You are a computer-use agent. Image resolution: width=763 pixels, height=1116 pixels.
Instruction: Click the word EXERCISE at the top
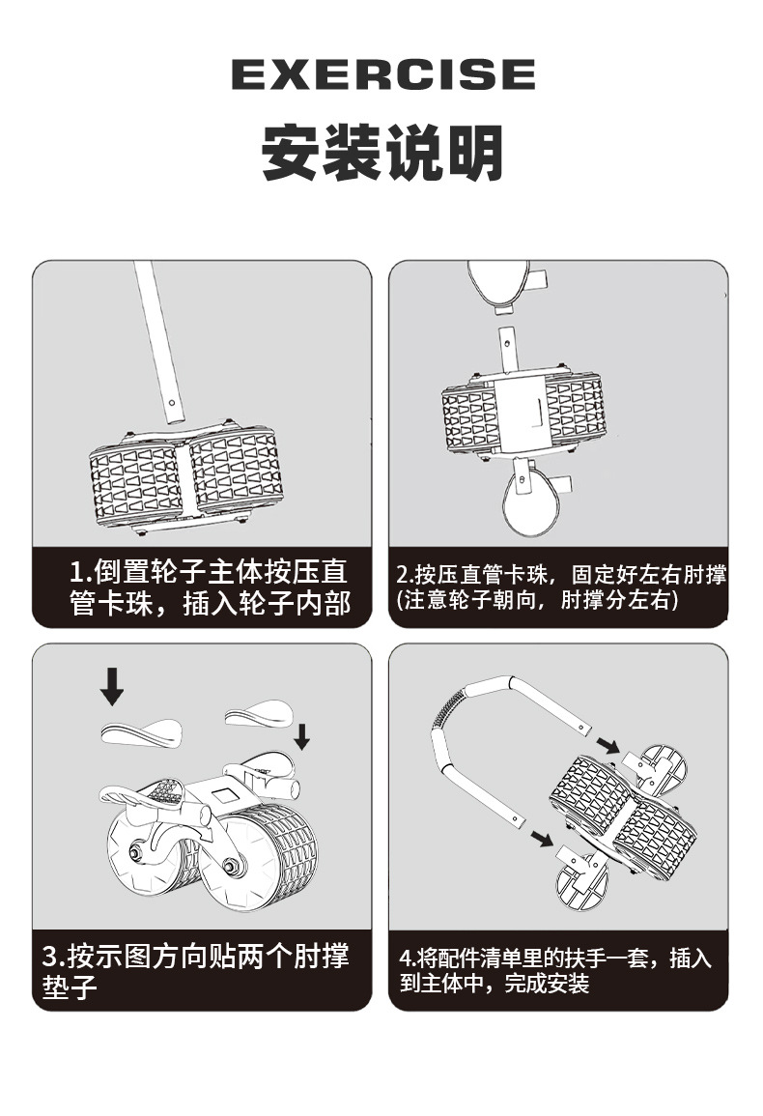click(x=382, y=74)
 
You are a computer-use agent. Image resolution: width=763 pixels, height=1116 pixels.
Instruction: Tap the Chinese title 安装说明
click(x=382, y=153)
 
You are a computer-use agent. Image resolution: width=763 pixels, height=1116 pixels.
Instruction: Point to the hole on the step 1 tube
click(x=172, y=401)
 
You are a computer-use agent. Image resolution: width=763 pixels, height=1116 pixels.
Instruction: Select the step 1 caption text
click(x=210, y=587)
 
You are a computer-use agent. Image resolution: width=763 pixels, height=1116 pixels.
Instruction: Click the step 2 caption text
click(x=560, y=587)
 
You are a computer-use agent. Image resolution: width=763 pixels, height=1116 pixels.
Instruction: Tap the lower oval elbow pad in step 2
click(x=530, y=499)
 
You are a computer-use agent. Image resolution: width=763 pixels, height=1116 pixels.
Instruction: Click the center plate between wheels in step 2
click(x=521, y=413)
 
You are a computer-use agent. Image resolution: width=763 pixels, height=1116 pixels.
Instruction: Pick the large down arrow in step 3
click(x=111, y=685)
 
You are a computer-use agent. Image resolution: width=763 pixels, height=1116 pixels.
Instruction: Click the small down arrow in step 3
click(x=301, y=736)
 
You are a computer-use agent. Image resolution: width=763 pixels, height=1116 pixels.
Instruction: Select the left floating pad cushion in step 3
click(x=141, y=732)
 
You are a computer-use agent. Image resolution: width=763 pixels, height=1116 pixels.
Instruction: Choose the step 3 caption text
click(x=196, y=971)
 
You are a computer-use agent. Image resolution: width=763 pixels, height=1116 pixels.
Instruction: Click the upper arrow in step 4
click(x=608, y=746)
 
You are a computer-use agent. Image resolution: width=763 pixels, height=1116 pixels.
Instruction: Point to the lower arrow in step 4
click(x=543, y=839)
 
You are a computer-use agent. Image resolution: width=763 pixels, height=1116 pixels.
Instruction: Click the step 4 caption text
click(x=555, y=971)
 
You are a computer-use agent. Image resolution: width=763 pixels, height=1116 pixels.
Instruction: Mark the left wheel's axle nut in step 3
click(x=134, y=851)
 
